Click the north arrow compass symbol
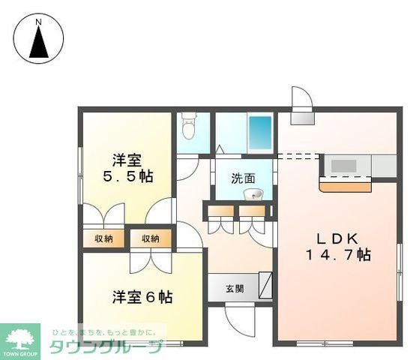pos(38,43)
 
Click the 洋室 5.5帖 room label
pos(127,169)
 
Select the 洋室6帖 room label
pos(142,296)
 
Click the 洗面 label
pos(242,178)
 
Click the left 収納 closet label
pos(104,238)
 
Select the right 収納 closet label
pos(150,238)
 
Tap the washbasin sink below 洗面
pos(254,195)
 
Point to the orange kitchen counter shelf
pos(346,184)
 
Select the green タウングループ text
pos(105,347)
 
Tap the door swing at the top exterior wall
pos(301,98)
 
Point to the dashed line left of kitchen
pos(298,157)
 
